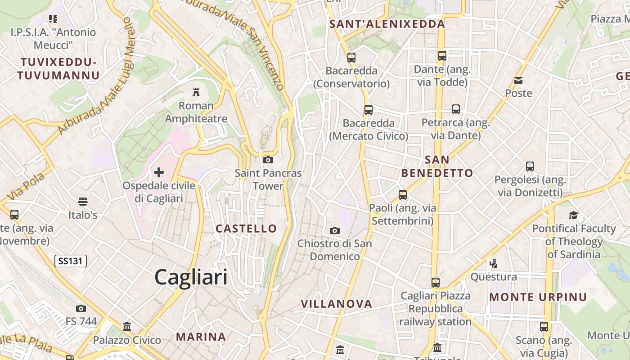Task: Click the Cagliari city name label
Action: [x=191, y=277]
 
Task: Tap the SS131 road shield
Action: [x=71, y=261]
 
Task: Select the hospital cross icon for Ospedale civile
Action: [x=159, y=172]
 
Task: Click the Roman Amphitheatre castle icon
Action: [x=196, y=92]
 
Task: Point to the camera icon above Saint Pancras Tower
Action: [x=268, y=160]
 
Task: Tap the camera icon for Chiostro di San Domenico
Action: [x=335, y=230]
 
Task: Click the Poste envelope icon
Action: [x=518, y=81]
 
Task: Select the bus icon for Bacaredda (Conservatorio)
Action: [x=351, y=58]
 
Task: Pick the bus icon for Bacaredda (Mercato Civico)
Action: [x=369, y=110]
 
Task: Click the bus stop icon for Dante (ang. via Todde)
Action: [x=442, y=56]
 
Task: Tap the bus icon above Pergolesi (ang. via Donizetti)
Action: [x=530, y=166]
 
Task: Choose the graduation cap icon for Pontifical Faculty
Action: [x=573, y=215]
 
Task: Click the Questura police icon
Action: [x=493, y=263]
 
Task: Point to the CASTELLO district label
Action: [x=246, y=229]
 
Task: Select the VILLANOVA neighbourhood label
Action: [x=336, y=304]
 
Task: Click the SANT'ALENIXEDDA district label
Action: [x=387, y=24]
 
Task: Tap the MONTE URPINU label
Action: [x=538, y=297]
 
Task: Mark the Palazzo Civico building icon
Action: [x=127, y=326]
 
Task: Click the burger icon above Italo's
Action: [x=82, y=201]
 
